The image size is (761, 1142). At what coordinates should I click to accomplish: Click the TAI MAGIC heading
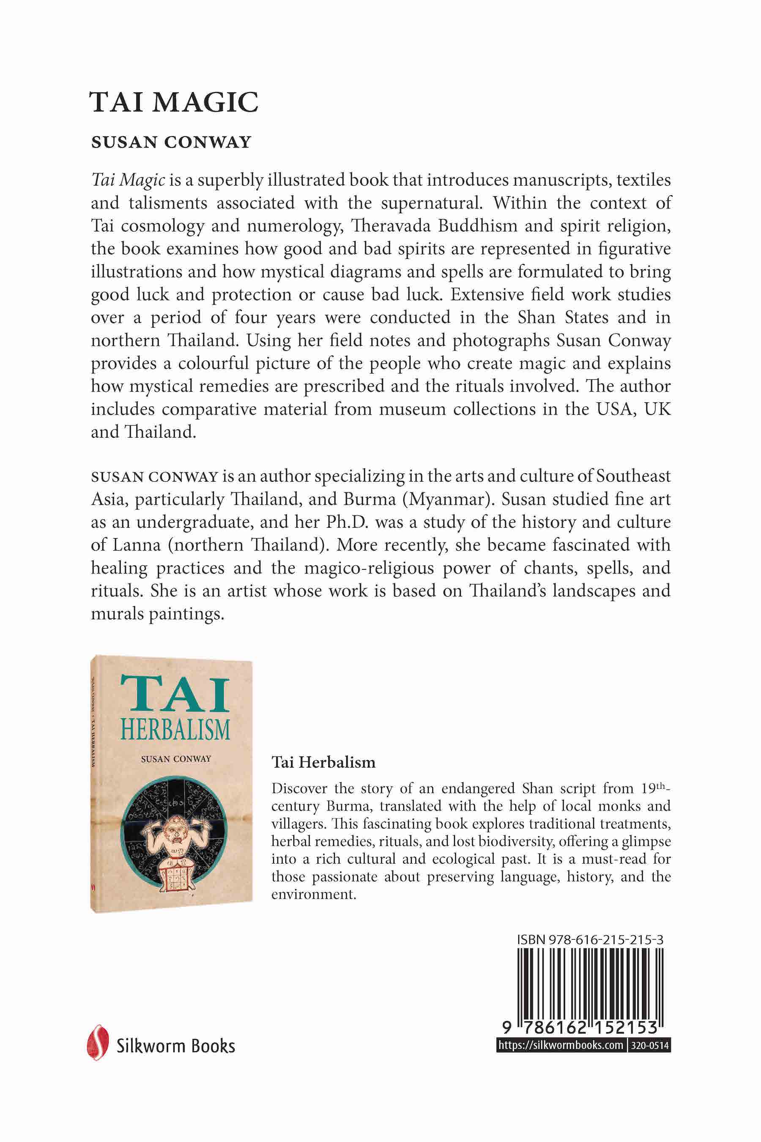(174, 102)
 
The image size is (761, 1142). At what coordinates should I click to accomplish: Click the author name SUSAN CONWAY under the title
(171, 142)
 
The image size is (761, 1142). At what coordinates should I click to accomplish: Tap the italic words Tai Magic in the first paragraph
(128, 181)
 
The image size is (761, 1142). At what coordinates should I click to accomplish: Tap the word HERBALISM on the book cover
(175, 731)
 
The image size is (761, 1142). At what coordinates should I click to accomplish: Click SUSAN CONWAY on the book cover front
(176, 759)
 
